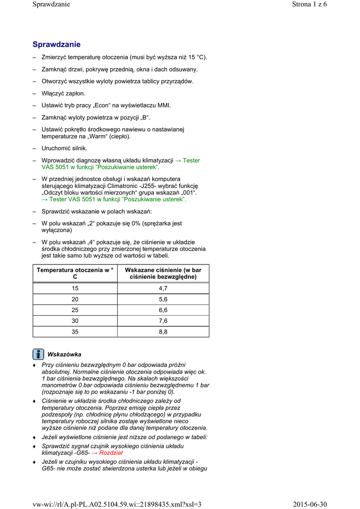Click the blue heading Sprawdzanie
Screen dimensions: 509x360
point(56,45)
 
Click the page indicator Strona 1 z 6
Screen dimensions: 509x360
point(309,4)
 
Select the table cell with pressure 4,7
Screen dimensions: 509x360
point(163,288)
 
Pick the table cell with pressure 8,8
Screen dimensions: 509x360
point(163,332)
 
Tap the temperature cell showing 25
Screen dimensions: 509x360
point(75,310)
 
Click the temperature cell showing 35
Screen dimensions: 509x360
point(75,332)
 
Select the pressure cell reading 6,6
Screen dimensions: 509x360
point(163,310)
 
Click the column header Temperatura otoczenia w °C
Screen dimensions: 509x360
point(75,273)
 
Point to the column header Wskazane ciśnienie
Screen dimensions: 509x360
point(163,273)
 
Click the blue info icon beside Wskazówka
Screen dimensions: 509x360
point(38,354)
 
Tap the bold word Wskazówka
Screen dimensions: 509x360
point(64,354)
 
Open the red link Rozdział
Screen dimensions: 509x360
point(110,453)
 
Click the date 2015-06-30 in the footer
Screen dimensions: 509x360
point(310,505)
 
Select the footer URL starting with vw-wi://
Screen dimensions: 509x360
point(117,505)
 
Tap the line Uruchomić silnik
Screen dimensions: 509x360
point(64,148)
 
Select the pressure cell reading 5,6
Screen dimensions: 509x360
point(163,299)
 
